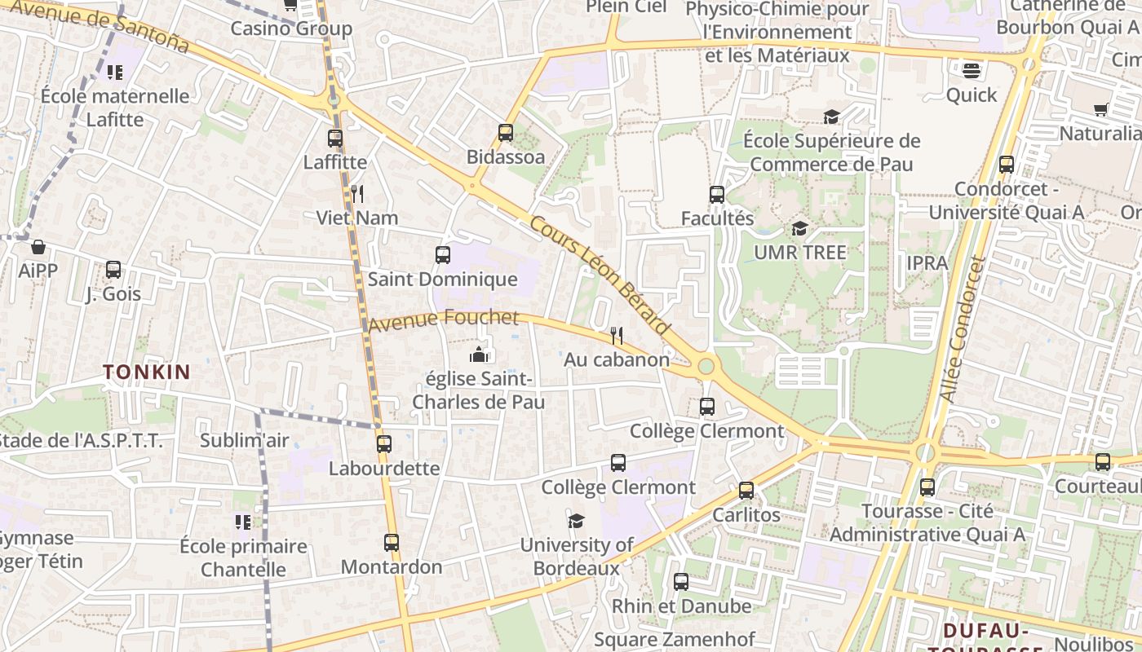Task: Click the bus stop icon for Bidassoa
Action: (506, 132)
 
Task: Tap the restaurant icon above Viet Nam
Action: (356, 193)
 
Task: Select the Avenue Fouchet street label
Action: (443, 319)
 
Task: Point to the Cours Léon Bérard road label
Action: (600, 275)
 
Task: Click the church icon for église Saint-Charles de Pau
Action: (478, 355)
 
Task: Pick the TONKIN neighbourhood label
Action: (147, 372)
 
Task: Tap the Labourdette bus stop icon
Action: (384, 444)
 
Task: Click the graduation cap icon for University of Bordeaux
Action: (577, 521)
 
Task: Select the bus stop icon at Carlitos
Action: (746, 491)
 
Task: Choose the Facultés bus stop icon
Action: (717, 195)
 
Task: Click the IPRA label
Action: (927, 263)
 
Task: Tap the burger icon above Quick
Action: (971, 71)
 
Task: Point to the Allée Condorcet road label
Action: (963, 330)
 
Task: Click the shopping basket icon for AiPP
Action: (38, 246)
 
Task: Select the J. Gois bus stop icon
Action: (113, 270)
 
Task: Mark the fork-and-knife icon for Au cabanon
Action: (617, 335)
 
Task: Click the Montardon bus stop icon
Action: (392, 543)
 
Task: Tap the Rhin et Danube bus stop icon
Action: (681, 582)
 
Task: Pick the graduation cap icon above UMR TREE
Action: (799, 228)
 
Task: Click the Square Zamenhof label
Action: (675, 640)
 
